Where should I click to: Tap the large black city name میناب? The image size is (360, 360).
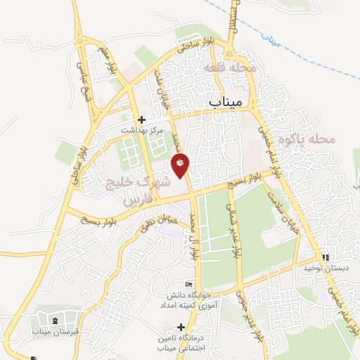(x=226, y=102)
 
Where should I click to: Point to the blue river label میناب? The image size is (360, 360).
(x=269, y=40)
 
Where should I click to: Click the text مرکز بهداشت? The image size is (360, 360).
(x=141, y=130)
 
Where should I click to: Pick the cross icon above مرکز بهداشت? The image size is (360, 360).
(x=141, y=120)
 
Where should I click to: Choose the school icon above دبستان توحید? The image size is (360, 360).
(x=325, y=258)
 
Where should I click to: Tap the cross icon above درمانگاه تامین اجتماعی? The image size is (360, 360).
(x=181, y=327)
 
